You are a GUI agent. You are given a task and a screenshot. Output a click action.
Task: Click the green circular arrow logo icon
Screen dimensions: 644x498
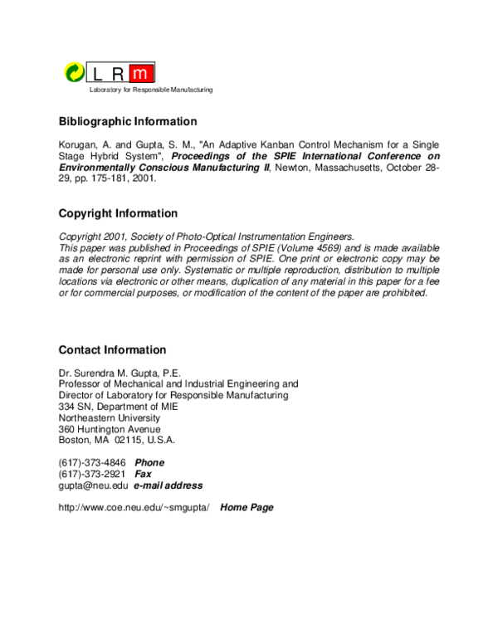[75, 72]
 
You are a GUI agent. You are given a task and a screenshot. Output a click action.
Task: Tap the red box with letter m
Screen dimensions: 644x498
[143, 73]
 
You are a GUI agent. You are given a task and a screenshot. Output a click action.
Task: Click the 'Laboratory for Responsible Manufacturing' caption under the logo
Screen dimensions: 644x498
[145, 89]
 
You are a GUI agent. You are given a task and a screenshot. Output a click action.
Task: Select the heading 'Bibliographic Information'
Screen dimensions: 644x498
[128, 121]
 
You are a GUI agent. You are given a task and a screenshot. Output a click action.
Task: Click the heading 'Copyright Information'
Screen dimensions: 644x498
[118, 213]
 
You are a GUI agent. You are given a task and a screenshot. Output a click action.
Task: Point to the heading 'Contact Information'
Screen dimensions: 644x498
[112, 350]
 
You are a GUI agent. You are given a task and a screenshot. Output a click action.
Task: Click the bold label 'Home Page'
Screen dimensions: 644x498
[247, 507]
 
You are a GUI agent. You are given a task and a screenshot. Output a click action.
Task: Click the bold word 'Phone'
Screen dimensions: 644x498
[149, 462]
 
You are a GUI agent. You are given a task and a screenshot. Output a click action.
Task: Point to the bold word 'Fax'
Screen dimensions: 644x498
[143, 474]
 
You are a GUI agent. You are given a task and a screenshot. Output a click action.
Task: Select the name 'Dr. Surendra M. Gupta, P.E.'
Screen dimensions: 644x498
[120, 373]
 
